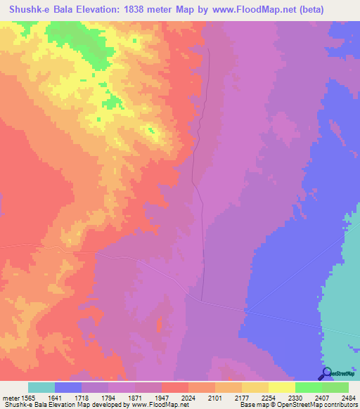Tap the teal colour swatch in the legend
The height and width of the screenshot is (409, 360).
click(x=41, y=387)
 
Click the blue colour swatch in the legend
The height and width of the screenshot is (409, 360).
click(x=68, y=387)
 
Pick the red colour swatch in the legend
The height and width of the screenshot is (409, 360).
click(x=175, y=387)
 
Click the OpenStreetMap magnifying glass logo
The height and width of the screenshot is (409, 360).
click(x=326, y=373)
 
